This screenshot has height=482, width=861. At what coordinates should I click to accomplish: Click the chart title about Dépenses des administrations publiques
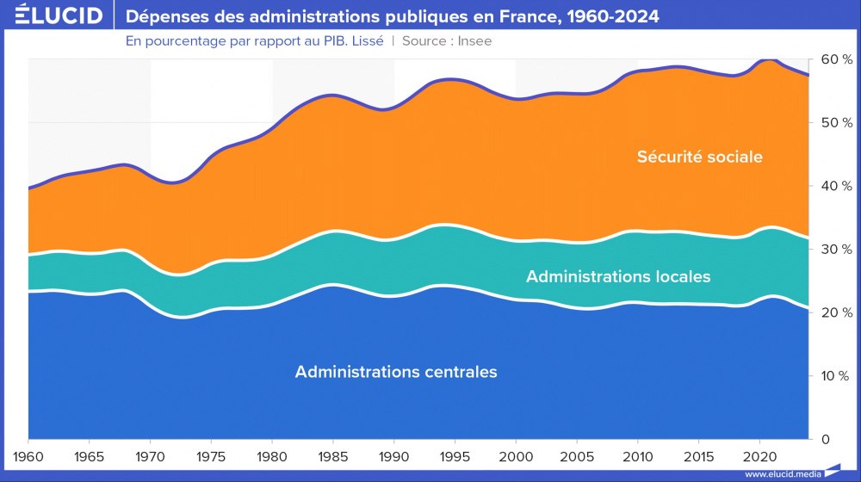pyautogui.click(x=393, y=16)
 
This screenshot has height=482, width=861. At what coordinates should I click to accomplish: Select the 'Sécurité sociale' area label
pyautogui.click(x=700, y=157)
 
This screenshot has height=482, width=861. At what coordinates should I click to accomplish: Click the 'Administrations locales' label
pyautogui.click(x=618, y=276)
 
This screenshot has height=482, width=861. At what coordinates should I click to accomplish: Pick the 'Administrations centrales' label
pyautogui.click(x=396, y=372)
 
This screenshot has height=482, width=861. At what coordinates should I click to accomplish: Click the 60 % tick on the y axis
pyautogui.click(x=835, y=59)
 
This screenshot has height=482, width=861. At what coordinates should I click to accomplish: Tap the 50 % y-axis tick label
pyautogui.click(x=835, y=122)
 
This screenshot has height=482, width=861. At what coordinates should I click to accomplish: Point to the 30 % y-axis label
pyautogui.click(x=835, y=249)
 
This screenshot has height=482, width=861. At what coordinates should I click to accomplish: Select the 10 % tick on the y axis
pyautogui.click(x=835, y=375)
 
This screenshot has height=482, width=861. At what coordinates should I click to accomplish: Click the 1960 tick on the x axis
pyautogui.click(x=28, y=454)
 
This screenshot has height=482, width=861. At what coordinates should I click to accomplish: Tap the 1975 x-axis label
pyautogui.click(x=211, y=454)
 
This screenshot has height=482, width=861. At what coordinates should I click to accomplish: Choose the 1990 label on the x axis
pyautogui.click(x=393, y=454)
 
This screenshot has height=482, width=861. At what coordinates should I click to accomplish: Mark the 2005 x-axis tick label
pyautogui.click(x=576, y=454)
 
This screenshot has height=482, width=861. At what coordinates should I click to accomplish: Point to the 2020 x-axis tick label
pyautogui.click(x=759, y=454)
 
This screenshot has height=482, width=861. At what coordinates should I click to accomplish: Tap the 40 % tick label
pyautogui.click(x=835, y=186)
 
